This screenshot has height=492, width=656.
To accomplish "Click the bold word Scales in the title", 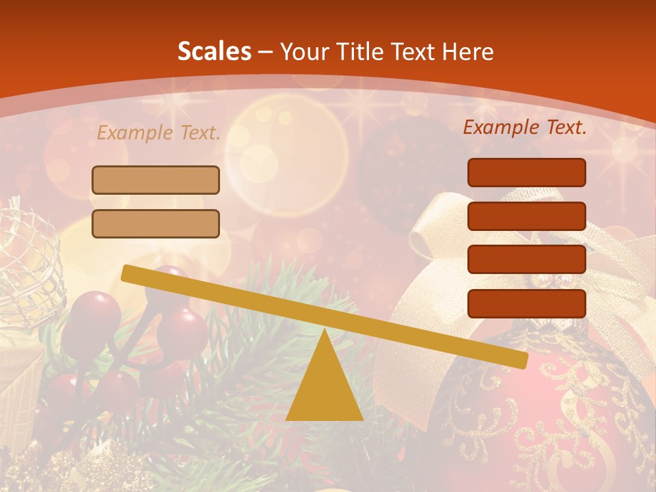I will point(214,51).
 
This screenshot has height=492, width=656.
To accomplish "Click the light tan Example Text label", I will point(159,133).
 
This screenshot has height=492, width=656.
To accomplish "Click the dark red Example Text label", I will point(525,127).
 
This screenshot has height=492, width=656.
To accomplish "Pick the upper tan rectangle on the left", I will point(156,180).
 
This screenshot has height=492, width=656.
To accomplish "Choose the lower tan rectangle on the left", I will point(156,223).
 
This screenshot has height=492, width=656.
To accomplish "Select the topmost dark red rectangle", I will point(526,172).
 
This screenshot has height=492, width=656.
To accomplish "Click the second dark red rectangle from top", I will point(526,216).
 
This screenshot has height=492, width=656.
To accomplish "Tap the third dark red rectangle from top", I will point(526,260).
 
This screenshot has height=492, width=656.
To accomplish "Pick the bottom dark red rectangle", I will point(526,303).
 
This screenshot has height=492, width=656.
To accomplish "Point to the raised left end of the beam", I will point(126,273).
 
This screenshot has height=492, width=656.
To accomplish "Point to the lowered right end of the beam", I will point(522,361).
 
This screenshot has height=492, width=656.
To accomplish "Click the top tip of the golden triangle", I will point(324,331).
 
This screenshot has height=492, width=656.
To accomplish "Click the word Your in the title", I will point(301,51).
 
